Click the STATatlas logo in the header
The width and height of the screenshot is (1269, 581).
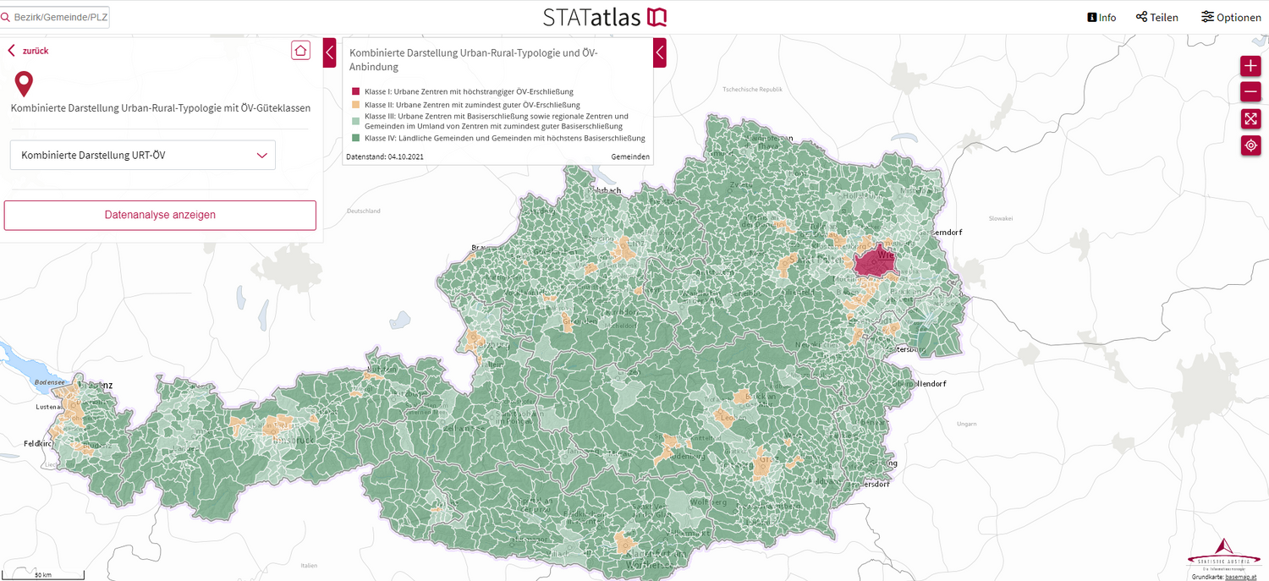click(605, 17)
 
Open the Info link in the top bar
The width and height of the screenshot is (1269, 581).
click(1101, 17)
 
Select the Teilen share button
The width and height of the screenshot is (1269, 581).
click(1156, 17)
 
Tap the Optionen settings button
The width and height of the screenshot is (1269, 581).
click(1231, 17)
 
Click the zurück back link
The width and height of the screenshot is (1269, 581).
click(29, 51)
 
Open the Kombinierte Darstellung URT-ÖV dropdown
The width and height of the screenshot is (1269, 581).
click(142, 155)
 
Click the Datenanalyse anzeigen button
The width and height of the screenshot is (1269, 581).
click(160, 215)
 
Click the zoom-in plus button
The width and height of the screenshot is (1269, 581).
click(1250, 66)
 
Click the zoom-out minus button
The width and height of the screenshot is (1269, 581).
click(1250, 92)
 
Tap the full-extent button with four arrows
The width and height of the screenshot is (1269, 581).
click(1250, 119)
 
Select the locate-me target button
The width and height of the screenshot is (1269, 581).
click(1250, 145)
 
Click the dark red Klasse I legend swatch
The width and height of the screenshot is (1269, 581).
click(356, 91)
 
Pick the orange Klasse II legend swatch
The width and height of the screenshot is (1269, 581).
click(356, 105)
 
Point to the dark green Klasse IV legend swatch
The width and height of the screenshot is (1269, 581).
click(356, 138)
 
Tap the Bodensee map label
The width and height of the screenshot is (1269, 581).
click(49, 382)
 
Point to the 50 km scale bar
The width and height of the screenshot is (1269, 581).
click(42, 576)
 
